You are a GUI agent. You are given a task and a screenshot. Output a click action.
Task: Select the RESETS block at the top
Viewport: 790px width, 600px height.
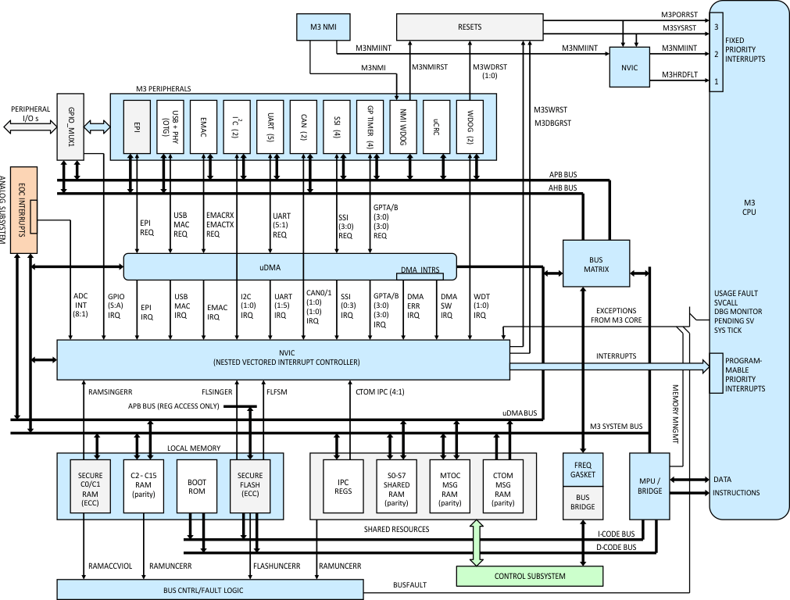click(470, 27)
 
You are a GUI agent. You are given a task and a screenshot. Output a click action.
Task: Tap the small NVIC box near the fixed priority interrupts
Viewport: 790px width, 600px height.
click(630, 68)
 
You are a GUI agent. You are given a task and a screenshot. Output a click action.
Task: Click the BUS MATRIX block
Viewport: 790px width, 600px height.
click(597, 264)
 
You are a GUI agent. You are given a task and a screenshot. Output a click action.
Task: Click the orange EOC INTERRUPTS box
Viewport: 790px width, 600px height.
click(23, 209)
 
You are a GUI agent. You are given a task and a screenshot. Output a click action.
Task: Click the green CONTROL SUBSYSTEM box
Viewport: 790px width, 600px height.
click(529, 577)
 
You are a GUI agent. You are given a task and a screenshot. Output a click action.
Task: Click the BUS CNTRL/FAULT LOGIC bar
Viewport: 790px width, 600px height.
click(211, 590)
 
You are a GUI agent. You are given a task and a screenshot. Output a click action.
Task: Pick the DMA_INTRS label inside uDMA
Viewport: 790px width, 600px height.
click(420, 270)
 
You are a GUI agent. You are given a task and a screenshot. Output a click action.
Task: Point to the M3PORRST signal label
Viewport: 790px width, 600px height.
click(679, 14)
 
